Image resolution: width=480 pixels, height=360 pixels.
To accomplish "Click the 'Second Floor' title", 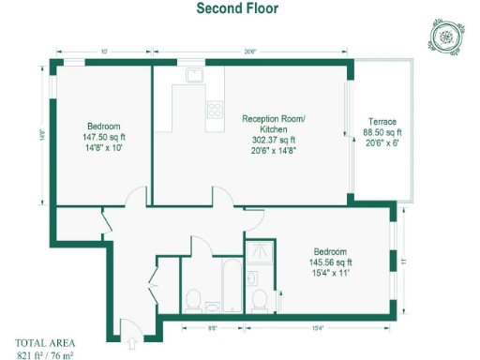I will click(x=236, y=9).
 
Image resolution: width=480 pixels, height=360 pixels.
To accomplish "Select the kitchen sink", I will click(x=194, y=75).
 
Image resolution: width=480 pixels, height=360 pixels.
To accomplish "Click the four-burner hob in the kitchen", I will click(x=215, y=108).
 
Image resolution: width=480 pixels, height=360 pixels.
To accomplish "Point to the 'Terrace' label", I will click(x=382, y=122).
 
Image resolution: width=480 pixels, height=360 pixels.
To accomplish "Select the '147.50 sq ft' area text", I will click(x=102, y=137).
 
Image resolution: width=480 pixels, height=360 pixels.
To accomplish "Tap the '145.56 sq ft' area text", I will click(x=330, y=263).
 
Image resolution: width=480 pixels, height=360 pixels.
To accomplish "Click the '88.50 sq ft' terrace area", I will click(x=382, y=133).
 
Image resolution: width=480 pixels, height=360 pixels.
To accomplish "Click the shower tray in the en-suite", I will click(x=258, y=253).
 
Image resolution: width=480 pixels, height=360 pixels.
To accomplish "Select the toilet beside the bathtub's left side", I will click(x=194, y=300).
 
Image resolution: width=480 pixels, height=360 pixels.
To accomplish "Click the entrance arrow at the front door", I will click(x=132, y=328).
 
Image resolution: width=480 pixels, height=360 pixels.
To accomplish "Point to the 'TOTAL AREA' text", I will click(x=44, y=341).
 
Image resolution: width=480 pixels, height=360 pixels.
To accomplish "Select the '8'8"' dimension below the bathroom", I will click(x=213, y=327).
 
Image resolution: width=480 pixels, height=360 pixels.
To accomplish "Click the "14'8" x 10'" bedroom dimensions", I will click(x=102, y=148).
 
